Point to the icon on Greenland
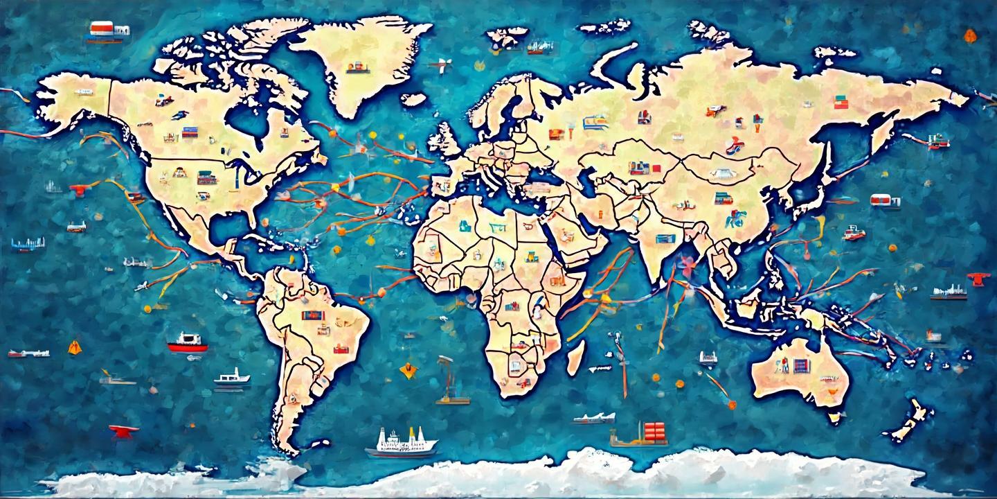(357, 67)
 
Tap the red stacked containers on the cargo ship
(654, 432)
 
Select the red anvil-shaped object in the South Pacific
(123, 430)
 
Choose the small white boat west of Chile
(231, 377)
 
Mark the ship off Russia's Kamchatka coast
(935, 141)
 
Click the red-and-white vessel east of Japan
(886, 200)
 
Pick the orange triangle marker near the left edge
(75, 347)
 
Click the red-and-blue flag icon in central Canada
(190, 132)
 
